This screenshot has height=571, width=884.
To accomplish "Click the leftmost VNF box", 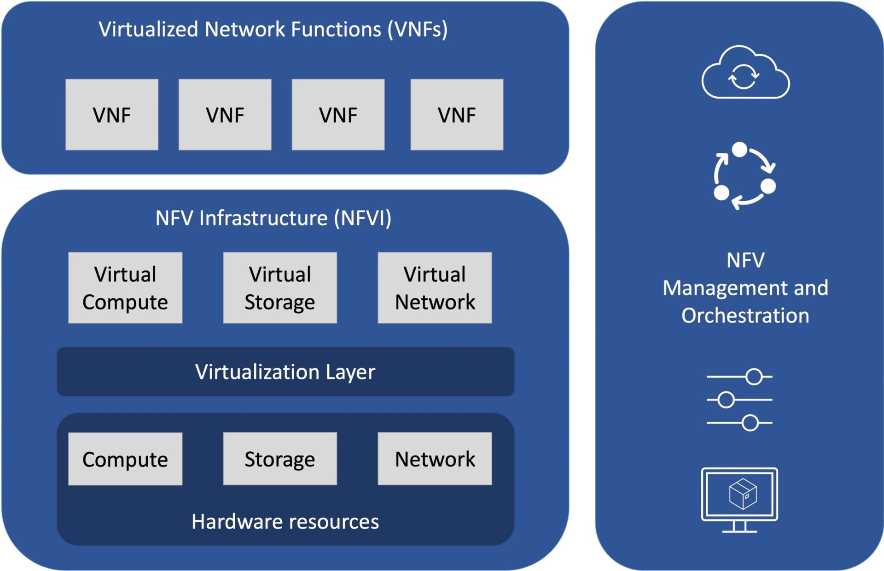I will pos(112,115).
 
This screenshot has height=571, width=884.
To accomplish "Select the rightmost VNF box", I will pos(457,115).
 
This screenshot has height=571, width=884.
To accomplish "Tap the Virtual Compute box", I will pos(125,288).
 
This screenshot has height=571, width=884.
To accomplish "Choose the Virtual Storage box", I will pos(280,288).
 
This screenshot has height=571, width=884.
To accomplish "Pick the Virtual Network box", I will pos(435,288).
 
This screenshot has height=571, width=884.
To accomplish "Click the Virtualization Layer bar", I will pos(285,372).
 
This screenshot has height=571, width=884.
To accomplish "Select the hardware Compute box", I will pos(125,459).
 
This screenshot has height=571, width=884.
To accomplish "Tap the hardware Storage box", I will pos(280,459).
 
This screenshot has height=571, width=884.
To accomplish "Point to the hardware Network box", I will pos(435,459).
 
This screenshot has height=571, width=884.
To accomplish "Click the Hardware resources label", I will pos(285,522).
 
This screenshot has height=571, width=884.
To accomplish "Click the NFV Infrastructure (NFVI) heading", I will pos(273,218).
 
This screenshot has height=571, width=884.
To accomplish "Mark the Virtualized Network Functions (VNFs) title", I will pos(273,29).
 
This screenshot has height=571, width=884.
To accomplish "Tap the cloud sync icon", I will pos(745,74).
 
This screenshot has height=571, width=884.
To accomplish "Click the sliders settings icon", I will pos(739,400).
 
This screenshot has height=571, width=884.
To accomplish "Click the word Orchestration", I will pos(745,316).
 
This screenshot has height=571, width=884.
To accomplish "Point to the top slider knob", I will pos(754,377).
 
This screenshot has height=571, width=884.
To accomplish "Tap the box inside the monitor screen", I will pos(743,494).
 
